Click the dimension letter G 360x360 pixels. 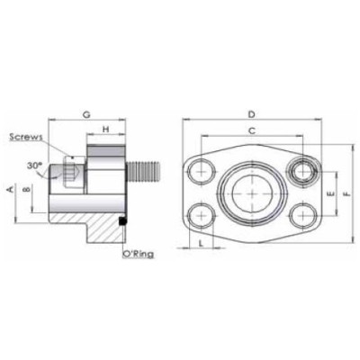pos(85,114)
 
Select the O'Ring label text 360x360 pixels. pos(138,255)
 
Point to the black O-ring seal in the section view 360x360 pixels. pos(121,220)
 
